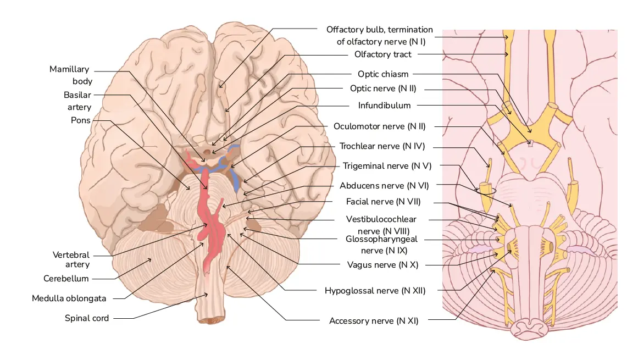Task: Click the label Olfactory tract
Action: (x=382, y=54)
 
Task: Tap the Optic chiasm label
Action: (x=383, y=74)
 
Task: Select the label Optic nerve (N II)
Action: (x=384, y=88)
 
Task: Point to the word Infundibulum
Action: (x=384, y=105)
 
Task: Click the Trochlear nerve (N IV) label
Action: (x=382, y=146)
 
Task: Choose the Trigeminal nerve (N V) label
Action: (x=384, y=165)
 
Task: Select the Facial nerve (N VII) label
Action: (x=383, y=202)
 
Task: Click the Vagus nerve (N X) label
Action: (x=382, y=264)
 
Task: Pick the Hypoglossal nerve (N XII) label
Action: (x=375, y=290)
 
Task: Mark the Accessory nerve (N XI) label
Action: (x=374, y=320)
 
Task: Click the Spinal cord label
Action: (x=87, y=318)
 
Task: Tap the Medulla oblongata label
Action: (x=69, y=298)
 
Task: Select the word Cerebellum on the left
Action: (x=66, y=279)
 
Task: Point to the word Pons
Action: (x=80, y=120)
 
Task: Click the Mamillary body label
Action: (x=69, y=75)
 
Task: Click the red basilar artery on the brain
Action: (x=206, y=187)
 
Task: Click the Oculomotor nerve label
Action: (x=379, y=126)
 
